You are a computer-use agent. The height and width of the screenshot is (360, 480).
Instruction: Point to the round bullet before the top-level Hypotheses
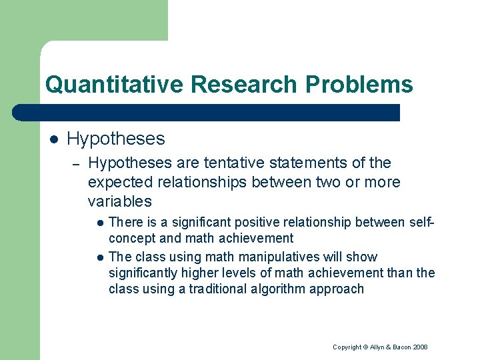pyautogui.click(x=53, y=139)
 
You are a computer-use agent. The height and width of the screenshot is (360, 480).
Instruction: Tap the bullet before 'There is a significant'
pyautogui.click(x=99, y=222)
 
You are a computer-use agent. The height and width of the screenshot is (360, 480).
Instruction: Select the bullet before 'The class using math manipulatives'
pyautogui.click(x=99, y=257)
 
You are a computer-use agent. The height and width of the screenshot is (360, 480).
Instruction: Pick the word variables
pyautogui.click(x=119, y=201)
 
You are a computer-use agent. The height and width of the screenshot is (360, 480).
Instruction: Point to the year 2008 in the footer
pyautogui.click(x=420, y=347)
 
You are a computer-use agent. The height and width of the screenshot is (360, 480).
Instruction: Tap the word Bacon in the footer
pyautogui.click(x=401, y=347)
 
